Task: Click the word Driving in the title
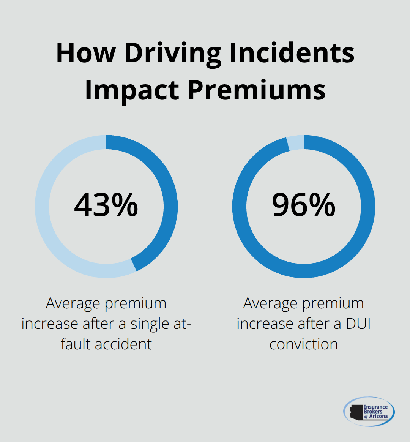click(172, 54)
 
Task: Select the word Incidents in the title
click(292, 53)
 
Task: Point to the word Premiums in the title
click(257, 90)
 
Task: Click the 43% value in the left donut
click(106, 205)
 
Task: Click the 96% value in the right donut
click(304, 205)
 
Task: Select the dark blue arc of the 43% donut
click(167, 190)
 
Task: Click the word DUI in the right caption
click(358, 324)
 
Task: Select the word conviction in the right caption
click(304, 344)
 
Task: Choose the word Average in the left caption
click(73, 304)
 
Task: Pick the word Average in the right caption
click(270, 304)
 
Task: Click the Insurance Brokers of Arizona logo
click(369, 412)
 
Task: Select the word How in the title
click(86, 54)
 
